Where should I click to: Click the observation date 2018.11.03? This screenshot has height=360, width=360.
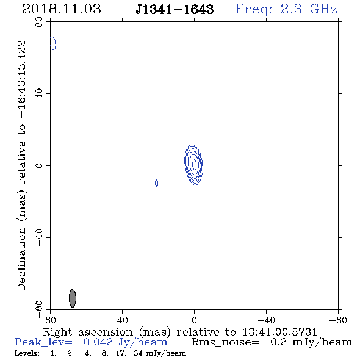tap(62, 9)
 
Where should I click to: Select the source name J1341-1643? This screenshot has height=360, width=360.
tap(175, 10)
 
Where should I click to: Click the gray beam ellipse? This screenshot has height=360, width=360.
tap(73, 298)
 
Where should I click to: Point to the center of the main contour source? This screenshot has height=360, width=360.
tap(194, 165)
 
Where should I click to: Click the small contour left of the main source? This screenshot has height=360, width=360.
tap(157, 183)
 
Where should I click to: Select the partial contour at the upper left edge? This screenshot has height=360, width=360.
tap(53, 43)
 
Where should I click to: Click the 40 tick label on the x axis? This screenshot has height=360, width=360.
tap(122, 320)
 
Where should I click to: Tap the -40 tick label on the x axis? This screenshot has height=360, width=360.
tap(266, 320)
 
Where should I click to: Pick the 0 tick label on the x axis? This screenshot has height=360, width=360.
tap(194, 320)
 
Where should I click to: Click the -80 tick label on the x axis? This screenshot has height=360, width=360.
tap(338, 320)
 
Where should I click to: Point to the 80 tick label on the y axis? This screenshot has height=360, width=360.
tap(39, 22)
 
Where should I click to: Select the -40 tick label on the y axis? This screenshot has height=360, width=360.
tap(39, 237)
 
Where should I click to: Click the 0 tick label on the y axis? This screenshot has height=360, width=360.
tap(39, 165)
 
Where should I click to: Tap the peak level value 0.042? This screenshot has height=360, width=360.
tap(98, 342)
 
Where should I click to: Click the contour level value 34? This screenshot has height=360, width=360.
tap(139, 353)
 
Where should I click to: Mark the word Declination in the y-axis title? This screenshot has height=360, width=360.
tap(21, 259)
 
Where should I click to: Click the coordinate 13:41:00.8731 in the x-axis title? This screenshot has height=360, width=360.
tap(279, 332)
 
